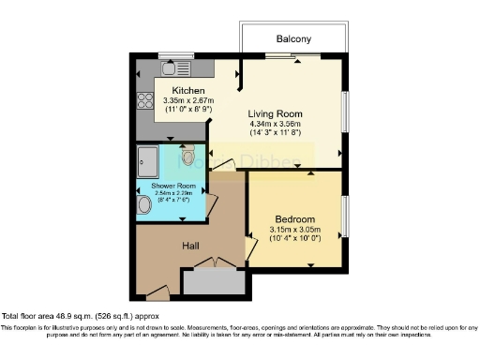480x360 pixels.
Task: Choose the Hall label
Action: pyautogui.click(x=190, y=246)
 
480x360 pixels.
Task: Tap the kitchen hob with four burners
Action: pyautogui.click(x=146, y=102)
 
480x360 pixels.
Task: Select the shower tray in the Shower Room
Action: pyautogui.click(x=150, y=160)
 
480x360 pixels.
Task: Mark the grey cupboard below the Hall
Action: pyautogui.click(x=214, y=281)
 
